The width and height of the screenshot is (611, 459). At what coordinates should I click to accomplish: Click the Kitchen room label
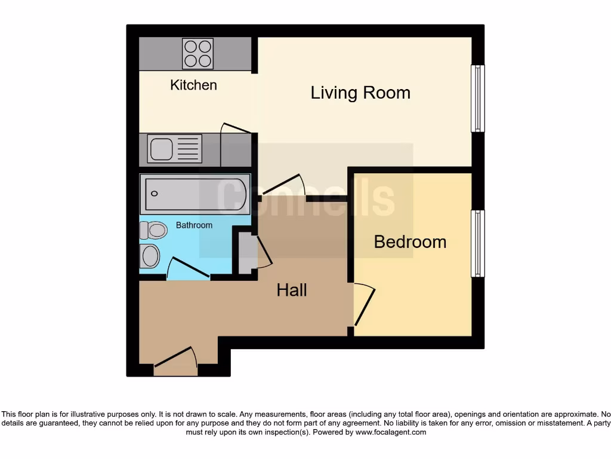[x=193, y=85]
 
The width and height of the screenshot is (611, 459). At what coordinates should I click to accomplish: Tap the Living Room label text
[x=360, y=93]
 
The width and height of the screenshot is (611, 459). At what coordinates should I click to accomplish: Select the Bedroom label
[x=410, y=241]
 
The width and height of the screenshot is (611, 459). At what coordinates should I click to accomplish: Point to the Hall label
[x=292, y=290]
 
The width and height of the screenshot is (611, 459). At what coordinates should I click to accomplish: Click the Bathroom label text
[x=194, y=225]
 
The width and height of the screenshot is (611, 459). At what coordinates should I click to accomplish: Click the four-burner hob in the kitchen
[x=198, y=53]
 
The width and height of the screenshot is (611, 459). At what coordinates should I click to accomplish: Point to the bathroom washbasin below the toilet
[x=150, y=256]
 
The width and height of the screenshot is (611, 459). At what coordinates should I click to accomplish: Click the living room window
[x=478, y=99]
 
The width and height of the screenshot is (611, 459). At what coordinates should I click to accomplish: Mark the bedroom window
[x=478, y=243]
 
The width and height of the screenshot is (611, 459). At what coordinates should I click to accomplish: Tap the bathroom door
[x=188, y=268]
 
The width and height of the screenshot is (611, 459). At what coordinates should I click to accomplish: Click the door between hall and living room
[x=284, y=185]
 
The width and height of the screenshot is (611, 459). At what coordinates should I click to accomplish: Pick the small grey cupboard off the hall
[x=245, y=253]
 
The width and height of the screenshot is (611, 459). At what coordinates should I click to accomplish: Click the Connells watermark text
[x=305, y=197]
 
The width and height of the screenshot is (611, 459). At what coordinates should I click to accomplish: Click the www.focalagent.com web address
[x=391, y=432]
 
